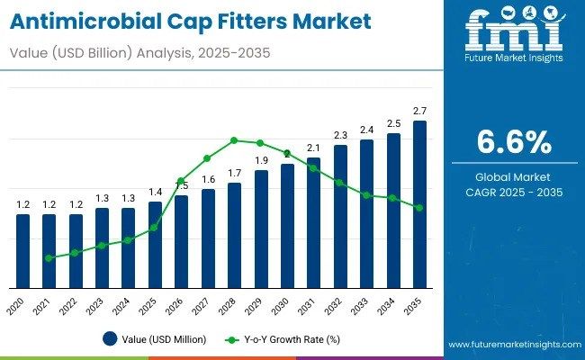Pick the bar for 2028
234,235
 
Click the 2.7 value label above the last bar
419,111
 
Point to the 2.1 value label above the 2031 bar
313,148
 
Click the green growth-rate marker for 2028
234,140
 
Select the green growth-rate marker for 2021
49,257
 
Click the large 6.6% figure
514,141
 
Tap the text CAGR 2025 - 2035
514,192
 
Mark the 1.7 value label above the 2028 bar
234,173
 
